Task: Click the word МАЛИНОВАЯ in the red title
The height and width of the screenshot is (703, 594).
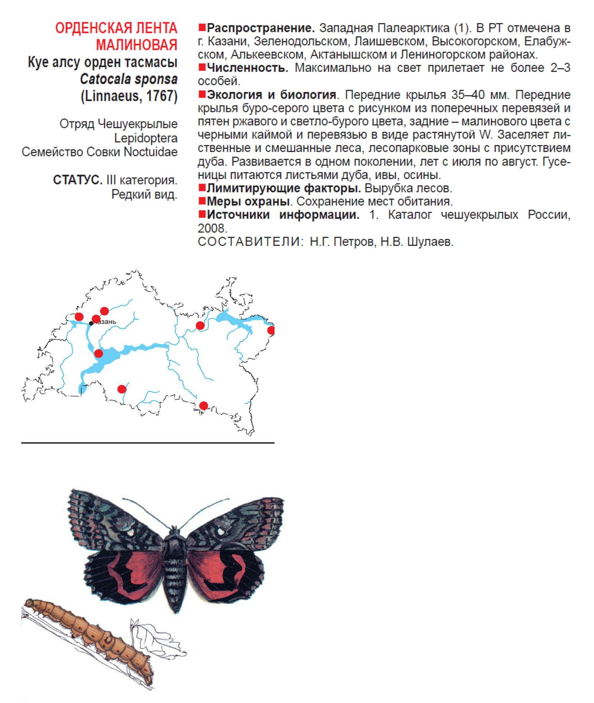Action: pos(137,45)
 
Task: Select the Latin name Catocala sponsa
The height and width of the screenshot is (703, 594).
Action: pos(129,79)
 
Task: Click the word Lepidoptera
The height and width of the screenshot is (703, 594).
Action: pos(146,138)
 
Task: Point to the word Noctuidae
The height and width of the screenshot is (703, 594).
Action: pos(151,152)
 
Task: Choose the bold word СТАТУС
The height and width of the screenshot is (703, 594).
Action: pos(78,180)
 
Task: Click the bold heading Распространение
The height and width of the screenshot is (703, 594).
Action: pos(261,28)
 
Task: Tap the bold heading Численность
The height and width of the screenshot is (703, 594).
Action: pos(248,68)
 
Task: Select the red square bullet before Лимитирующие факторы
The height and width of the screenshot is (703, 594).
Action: pos(202,188)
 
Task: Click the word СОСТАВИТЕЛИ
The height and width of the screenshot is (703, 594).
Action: pos(249,242)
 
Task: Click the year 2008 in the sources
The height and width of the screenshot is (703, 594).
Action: pos(212,228)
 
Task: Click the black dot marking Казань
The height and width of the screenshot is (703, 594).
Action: pos(91,323)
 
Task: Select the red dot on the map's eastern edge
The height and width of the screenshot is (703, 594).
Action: pos(271,330)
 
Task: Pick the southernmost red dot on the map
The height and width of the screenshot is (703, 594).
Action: pos(203,406)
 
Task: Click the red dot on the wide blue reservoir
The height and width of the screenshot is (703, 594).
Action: pos(98,353)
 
